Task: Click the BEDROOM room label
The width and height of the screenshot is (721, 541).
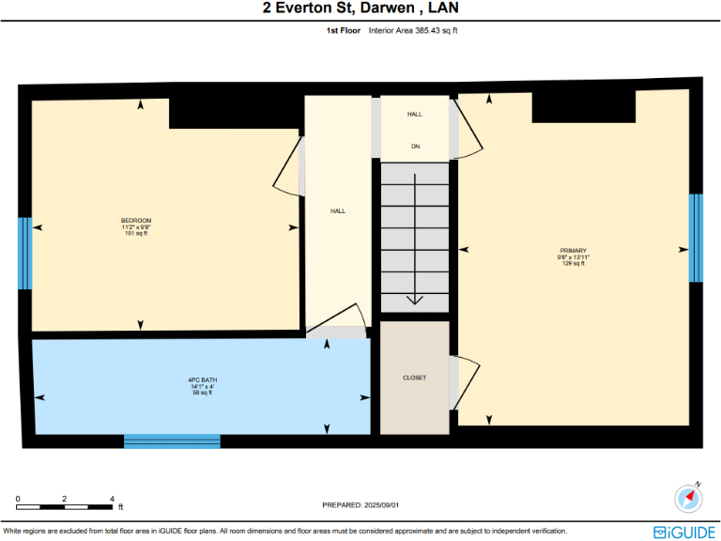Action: point(136,220)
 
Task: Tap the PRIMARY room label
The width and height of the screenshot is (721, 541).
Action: point(573,251)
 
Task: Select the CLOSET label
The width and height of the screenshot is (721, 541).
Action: point(414,378)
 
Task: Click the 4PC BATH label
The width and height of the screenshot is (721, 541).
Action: point(202,379)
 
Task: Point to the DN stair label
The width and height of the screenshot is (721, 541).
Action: point(415,147)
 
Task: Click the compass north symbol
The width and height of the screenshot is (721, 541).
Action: point(689,497)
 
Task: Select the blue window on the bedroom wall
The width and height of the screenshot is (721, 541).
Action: point(25,254)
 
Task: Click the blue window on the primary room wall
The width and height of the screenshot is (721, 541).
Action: point(696,238)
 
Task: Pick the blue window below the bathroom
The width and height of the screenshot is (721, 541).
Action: point(172,441)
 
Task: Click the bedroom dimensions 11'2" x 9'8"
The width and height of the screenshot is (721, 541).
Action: point(136,227)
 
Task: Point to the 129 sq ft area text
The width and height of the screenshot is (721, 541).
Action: point(573,264)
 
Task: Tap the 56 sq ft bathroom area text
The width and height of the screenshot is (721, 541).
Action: point(202,393)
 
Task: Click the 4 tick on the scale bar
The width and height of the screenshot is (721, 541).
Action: point(112,499)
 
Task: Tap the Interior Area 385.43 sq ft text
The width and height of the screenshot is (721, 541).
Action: point(413,31)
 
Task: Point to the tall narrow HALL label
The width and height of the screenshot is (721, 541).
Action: point(338,211)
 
